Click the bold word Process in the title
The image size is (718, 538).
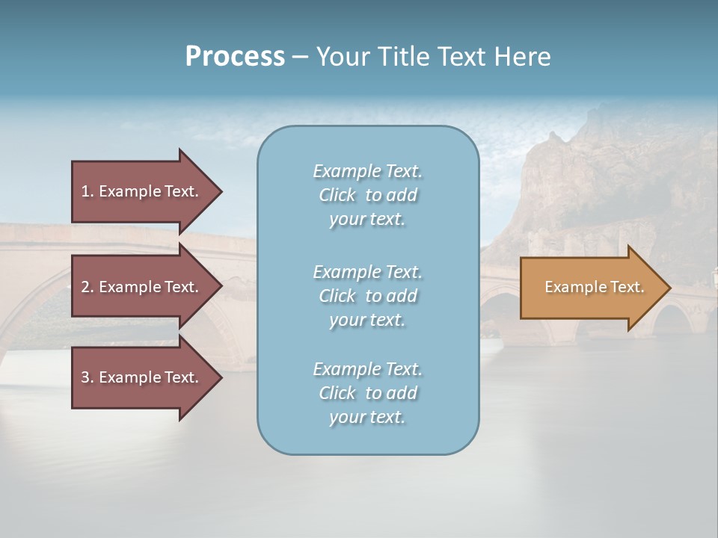pyautogui.click(x=235, y=57)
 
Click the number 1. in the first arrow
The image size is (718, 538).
pyautogui.click(x=88, y=191)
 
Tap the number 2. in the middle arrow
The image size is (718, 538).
pyautogui.click(x=88, y=287)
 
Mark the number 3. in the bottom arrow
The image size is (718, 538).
pyautogui.click(x=88, y=377)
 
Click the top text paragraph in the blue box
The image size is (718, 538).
pyautogui.click(x=367, y=195)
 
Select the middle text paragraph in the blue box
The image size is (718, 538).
pyautogui.click(x=367, y=295)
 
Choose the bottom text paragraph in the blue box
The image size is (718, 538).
pyautogui.click(x=367, y=393)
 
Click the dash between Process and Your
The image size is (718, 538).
pyautogui.click(x=300, y=57)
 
